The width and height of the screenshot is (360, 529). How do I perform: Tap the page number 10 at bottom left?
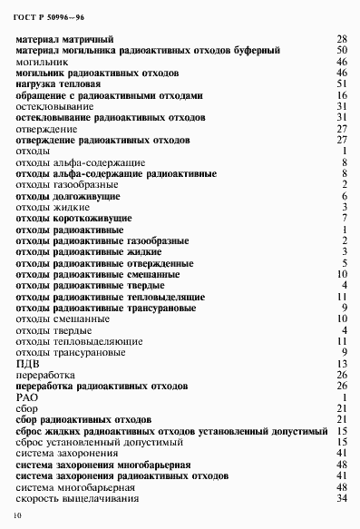click(16, 515)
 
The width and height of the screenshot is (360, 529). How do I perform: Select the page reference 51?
click(342, 83)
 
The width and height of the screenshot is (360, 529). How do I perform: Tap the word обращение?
click(42, 94)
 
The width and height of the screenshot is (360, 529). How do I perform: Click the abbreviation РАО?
click(29, 397)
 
